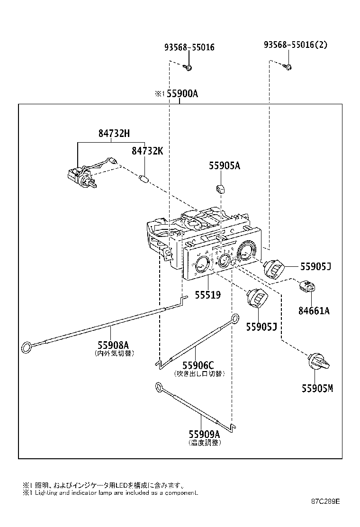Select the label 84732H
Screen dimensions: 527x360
pyautogui.click(x=114, y=134)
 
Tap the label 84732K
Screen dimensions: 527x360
pyautogui.click(x=147, y=151)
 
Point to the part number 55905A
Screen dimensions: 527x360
pyautogui.click(x=225, y=165)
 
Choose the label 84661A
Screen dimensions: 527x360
pyautogui.click(x=314, y=311)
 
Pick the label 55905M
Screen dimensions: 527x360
pyautogui.click(x=317, y=389)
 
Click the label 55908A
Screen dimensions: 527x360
pyautogui.click(x=113, y=345)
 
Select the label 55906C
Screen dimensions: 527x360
pyautogui.click(x=198, y=365)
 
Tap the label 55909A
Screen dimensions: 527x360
pyautogui.click(x=204, y=434)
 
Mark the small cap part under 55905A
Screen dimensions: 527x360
pyautogui.click(x=221, y=189)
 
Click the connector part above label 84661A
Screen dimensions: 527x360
pyautogui.click(x=307, y=287)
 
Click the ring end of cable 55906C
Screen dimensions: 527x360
pyautogui.click(x=234, y=319)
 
